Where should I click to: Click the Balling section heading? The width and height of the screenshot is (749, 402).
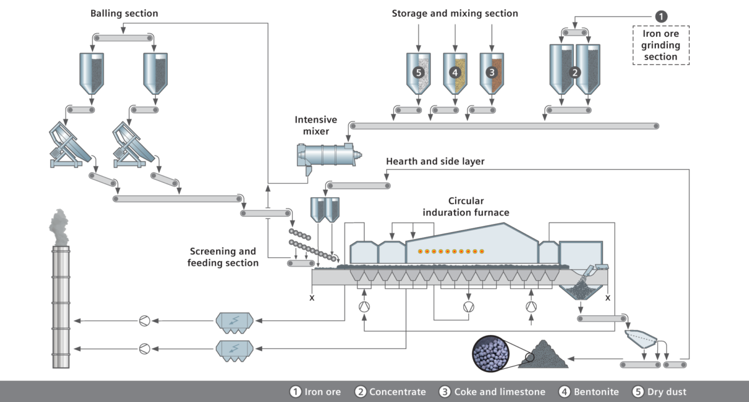tap(124, 13)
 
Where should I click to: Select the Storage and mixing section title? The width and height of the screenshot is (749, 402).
tap(454, 13)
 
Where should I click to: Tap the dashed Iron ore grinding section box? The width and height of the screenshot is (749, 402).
tap(661, 45)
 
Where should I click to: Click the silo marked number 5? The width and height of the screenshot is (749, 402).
tap(418, 72)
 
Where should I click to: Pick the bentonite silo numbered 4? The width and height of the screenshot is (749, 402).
tap(455, 72)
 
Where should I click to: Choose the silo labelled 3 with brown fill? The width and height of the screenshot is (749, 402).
tap(492, 72)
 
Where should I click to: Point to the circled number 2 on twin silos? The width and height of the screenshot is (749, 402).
tap(575, 72)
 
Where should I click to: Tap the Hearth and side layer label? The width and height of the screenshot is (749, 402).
tap(435, 161)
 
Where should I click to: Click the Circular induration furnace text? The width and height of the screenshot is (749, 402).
tap(466, 207)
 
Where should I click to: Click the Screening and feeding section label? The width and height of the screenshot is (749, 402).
tap(223, 257)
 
